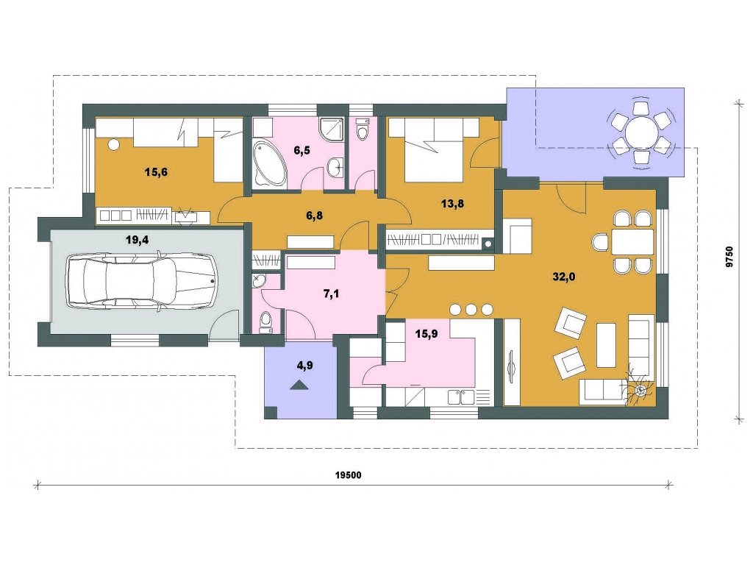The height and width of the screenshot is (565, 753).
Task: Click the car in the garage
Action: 141,280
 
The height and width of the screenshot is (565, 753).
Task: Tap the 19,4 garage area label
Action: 137,240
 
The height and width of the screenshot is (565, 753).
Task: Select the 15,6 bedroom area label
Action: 156,171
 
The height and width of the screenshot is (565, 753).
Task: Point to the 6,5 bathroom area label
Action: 302,150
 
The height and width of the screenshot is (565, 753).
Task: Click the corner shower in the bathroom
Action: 331,129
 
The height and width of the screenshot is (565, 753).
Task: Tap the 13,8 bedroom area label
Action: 452,203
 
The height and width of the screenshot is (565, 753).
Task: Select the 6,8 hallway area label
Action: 315,216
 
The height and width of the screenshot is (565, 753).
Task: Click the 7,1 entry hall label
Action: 332,293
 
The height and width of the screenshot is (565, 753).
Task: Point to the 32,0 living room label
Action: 564,277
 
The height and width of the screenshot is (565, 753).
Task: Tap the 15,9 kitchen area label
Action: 427,333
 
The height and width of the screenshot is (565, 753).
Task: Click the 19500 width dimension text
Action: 348,475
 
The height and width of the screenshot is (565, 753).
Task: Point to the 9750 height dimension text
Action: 729,256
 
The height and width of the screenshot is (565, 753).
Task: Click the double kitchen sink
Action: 462,397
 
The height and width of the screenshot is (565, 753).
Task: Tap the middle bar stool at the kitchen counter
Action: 471,309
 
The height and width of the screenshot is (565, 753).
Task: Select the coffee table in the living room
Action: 606,345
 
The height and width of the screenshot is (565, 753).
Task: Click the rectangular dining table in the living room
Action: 632,241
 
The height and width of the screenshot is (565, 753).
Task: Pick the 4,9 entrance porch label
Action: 305,366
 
